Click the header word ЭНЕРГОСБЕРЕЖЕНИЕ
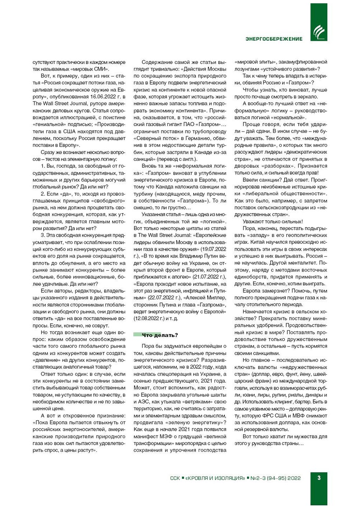(x=274, y=39)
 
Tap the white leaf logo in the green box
(x=318, y=32)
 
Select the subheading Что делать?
(x=160, y=335)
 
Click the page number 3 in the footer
(x=319, y=478)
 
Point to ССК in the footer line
(x=175, y=478)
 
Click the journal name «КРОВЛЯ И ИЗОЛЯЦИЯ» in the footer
(x=215, y=478)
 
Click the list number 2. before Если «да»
(x=43, y=194)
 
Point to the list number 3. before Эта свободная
(x=43, y=235)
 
